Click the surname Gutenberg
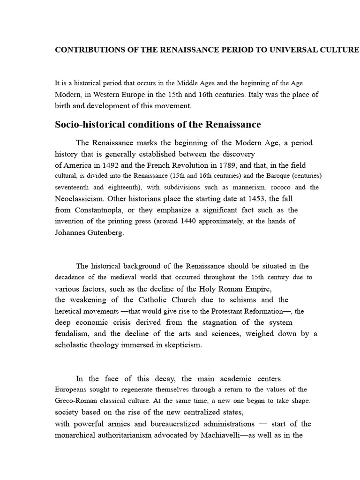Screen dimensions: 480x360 point(105,232)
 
